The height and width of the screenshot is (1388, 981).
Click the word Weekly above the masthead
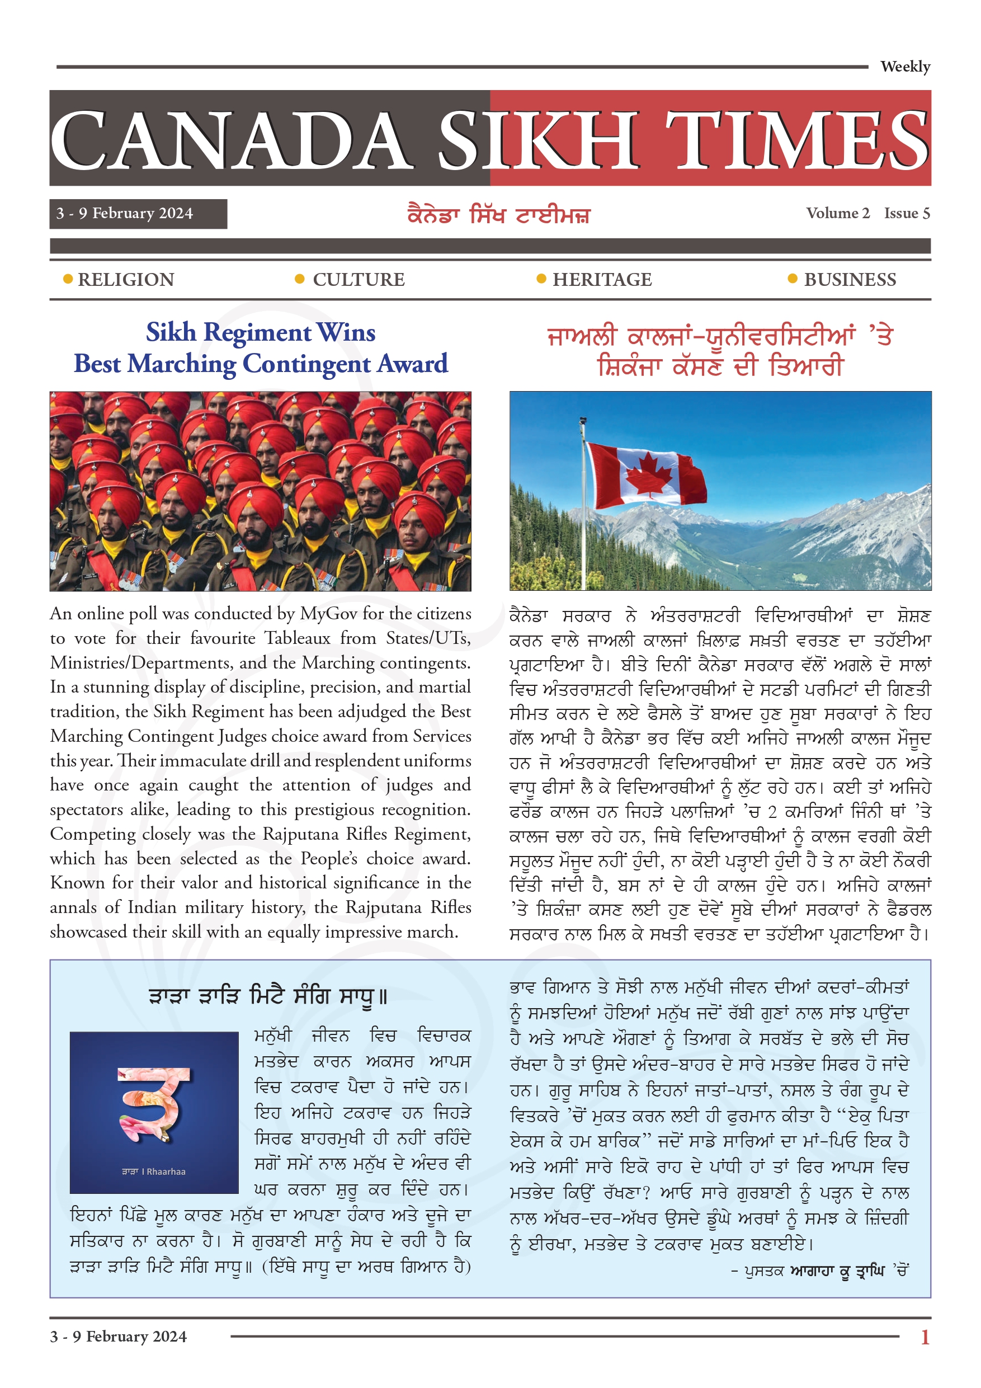tap(905, 67)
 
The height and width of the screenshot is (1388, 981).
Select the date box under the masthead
tap(138, 214)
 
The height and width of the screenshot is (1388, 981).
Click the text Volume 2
tap(837, 213)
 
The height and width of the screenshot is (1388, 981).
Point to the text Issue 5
tap(907, 213)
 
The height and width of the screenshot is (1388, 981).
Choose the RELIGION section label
tap(126, 280)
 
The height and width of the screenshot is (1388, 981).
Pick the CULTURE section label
tap(359, 280)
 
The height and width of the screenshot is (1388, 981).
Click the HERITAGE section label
tap(602, 280)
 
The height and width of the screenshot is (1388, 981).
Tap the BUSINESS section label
tap(850, 280)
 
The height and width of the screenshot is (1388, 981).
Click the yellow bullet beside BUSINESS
tap(793, 279)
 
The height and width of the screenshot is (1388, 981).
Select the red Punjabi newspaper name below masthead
tap(498, 215)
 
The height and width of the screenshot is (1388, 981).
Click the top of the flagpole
tap(583, 419)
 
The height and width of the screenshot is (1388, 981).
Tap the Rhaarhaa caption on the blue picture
tap(154, 1171)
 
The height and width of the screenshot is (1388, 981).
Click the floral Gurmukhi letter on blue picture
tap(155, 1104)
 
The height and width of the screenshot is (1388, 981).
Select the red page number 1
tap(925, 1337)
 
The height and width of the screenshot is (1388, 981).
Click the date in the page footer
tap(119, 1337)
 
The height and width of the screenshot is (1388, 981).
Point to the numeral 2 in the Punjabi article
tap(772, 812)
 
